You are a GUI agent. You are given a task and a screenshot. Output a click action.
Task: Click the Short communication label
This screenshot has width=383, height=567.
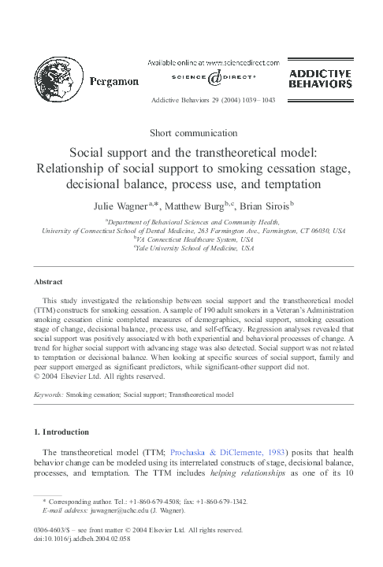(x=191, y=133)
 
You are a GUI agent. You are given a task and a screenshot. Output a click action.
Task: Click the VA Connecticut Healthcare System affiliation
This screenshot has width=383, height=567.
(x=194, y=239)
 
